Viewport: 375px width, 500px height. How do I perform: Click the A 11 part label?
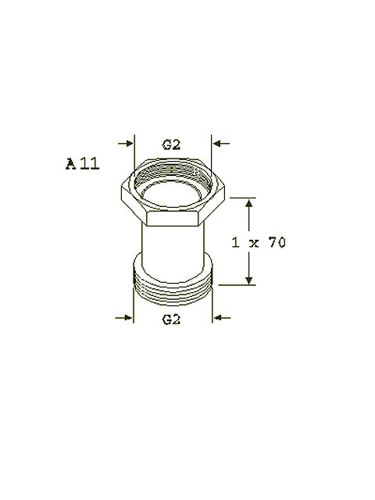(83, 163)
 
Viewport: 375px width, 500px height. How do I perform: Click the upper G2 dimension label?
(171, 145)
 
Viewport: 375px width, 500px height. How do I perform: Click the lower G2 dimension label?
(171, 320)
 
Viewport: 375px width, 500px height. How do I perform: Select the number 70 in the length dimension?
(277, 243)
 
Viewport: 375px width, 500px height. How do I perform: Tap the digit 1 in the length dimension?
(235, 243)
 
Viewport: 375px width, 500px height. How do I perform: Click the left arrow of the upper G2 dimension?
(126, 144)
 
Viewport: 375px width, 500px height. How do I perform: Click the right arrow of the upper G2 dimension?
(221, 144)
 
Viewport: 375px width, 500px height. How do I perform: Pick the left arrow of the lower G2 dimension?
(123, 318)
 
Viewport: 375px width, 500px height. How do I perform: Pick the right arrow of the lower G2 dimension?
(222, 318)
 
